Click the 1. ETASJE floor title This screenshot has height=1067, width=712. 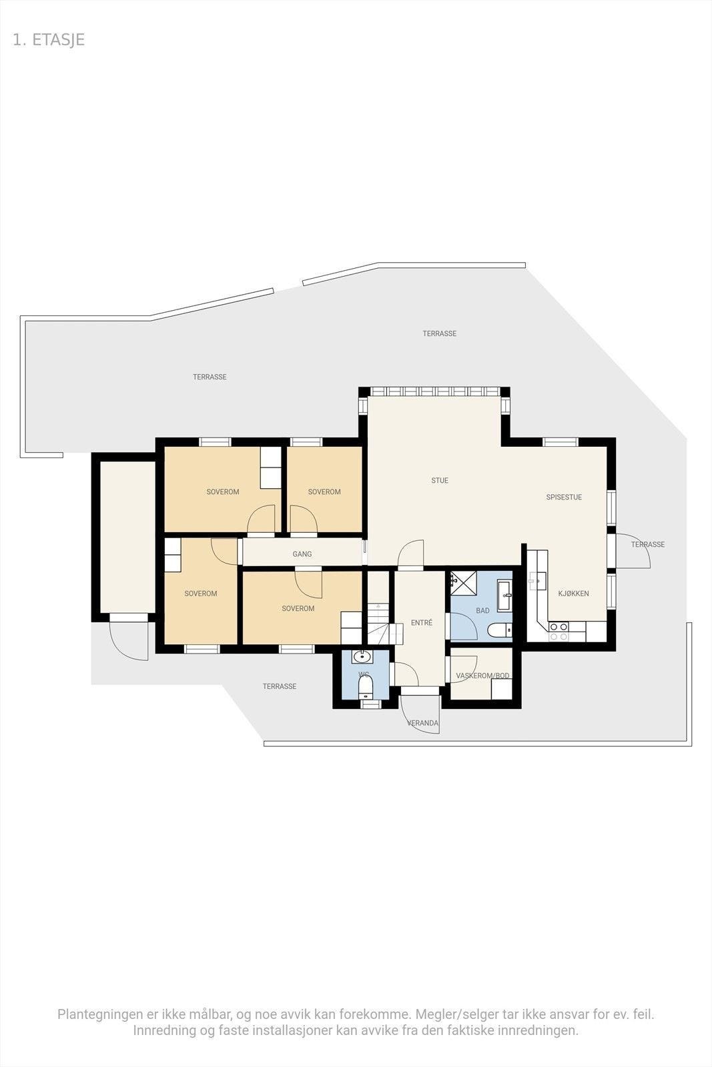click(x=49, y=39)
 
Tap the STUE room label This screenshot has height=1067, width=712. click(x=440, y=480)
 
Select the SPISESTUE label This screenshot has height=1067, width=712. click(x=564, y=497)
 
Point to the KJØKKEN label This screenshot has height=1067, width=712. click(x=573, y=594)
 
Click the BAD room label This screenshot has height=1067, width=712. click(x=482, y=610)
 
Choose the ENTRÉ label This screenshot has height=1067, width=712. click(x=421, y=623)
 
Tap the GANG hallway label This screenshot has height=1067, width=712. click(x=302, y=554)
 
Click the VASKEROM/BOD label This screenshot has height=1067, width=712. click(x=482, y=676)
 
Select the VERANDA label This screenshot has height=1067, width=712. click(x=423, y=723)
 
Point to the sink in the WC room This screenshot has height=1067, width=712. click(x=362, y=656)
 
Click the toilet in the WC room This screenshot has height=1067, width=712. click(x=365, y=686)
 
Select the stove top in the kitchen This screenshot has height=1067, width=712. click(x=558, y=631)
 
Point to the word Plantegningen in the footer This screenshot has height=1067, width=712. click(x=99, y=1014)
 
